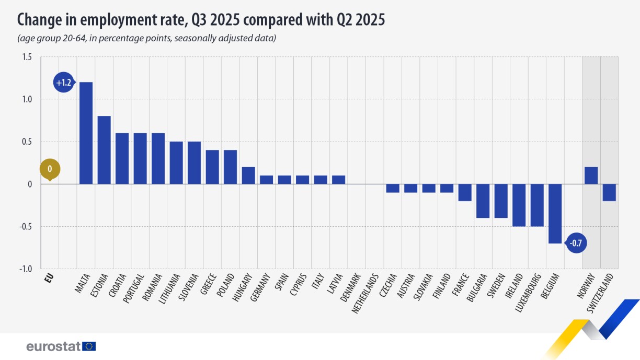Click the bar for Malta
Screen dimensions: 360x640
tap(86, 133)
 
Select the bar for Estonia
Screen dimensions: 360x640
tap(104, 150)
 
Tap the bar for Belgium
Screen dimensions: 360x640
tap(555, 214)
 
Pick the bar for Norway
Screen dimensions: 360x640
tap(591, 176)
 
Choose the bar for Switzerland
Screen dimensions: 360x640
tap(609, 192)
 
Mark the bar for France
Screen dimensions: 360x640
tap(465, 192)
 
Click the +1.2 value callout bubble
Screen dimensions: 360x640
tap(64, 83)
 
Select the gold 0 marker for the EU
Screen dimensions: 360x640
tap(50, 169)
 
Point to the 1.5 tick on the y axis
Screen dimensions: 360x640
tap(26, 56)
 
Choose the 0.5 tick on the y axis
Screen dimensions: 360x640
tap(26, 142)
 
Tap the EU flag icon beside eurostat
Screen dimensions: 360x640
tap(89, 346)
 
